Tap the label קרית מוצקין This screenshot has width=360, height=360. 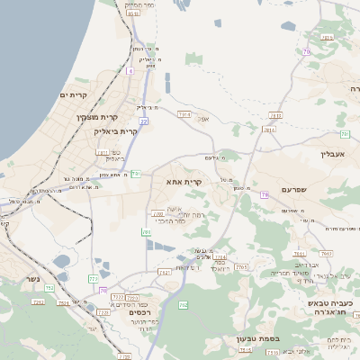(97, 117)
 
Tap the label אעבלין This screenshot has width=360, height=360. (332, 154)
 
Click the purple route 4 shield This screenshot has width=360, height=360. (130, 70)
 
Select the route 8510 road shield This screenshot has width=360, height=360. (133, 13)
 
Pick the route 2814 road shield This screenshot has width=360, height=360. (269, 130)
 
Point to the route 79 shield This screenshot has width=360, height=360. (264, 194)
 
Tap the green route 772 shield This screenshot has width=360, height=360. (94, 279)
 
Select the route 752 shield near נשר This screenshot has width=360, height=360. (64, 302)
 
